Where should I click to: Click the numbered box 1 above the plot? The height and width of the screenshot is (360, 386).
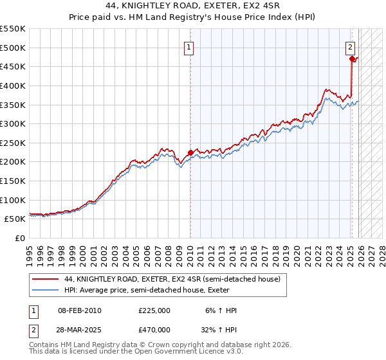coord(190,47)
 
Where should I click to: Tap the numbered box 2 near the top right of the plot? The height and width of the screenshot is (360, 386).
coord(351,47)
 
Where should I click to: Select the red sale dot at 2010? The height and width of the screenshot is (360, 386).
coord(190,152)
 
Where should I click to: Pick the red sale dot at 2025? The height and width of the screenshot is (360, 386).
coord(352,59)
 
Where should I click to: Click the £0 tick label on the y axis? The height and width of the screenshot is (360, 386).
coord(19,238)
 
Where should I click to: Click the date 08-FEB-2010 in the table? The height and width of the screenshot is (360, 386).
coord(79,310)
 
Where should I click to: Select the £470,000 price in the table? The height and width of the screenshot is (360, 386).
coord(154,329)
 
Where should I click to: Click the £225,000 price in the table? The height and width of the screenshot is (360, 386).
coord(154,310)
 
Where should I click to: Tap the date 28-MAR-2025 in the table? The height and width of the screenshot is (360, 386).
coord(79,329)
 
